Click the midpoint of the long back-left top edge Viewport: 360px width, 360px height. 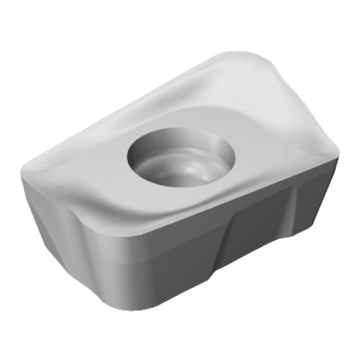tap(131, 98)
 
